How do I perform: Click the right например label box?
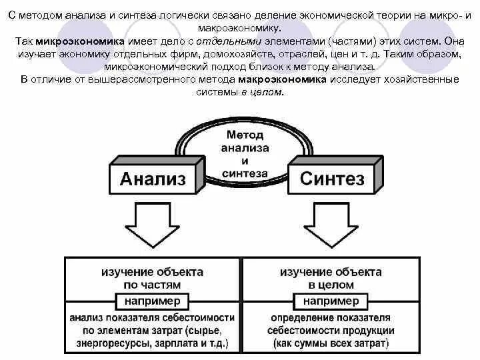331,301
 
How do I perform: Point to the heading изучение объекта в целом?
331,279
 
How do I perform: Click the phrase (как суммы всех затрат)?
331,344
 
